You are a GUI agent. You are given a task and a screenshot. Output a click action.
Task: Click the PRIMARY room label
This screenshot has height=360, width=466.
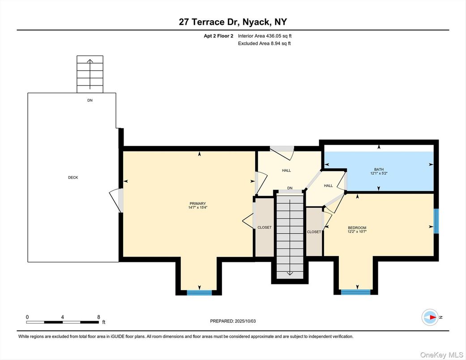[x=197, y=204]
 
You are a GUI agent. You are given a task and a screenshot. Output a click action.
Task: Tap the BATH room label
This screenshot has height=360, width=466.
[x=379, y=169]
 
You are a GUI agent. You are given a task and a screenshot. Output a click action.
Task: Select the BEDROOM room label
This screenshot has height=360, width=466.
[x=357, y=228]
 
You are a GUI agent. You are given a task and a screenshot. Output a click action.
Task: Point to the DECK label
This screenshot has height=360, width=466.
[x=73, y=177]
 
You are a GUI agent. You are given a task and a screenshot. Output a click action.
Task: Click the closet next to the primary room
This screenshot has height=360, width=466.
[x=265, y=227]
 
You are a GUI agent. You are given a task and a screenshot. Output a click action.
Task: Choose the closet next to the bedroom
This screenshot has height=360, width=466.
[x=314, y=231]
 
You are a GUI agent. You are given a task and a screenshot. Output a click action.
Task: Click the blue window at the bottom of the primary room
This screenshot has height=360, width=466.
[x=199, y=292]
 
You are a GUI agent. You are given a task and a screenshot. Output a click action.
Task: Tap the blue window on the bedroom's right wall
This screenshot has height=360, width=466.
[x=436, y=221]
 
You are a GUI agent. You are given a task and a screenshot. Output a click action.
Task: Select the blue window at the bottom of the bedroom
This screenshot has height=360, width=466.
[x=356, y=292]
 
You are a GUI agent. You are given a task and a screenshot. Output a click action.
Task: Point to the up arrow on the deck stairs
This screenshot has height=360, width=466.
[x=90, y=74]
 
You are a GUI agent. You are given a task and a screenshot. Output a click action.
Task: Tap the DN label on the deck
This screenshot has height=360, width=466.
[x=90, y=100]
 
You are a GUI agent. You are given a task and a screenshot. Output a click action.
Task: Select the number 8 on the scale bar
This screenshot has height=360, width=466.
[x=98, y=317]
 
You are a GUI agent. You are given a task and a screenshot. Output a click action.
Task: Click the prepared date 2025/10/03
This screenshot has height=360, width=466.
[x=245, y=321]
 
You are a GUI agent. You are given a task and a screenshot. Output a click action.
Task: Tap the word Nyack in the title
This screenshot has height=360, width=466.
[x=255, y=22]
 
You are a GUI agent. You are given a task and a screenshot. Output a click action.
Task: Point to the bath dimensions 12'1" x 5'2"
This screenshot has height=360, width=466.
[x=379, y=173]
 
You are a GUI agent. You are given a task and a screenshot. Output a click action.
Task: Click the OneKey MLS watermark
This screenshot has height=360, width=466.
[x=442, y=355]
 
